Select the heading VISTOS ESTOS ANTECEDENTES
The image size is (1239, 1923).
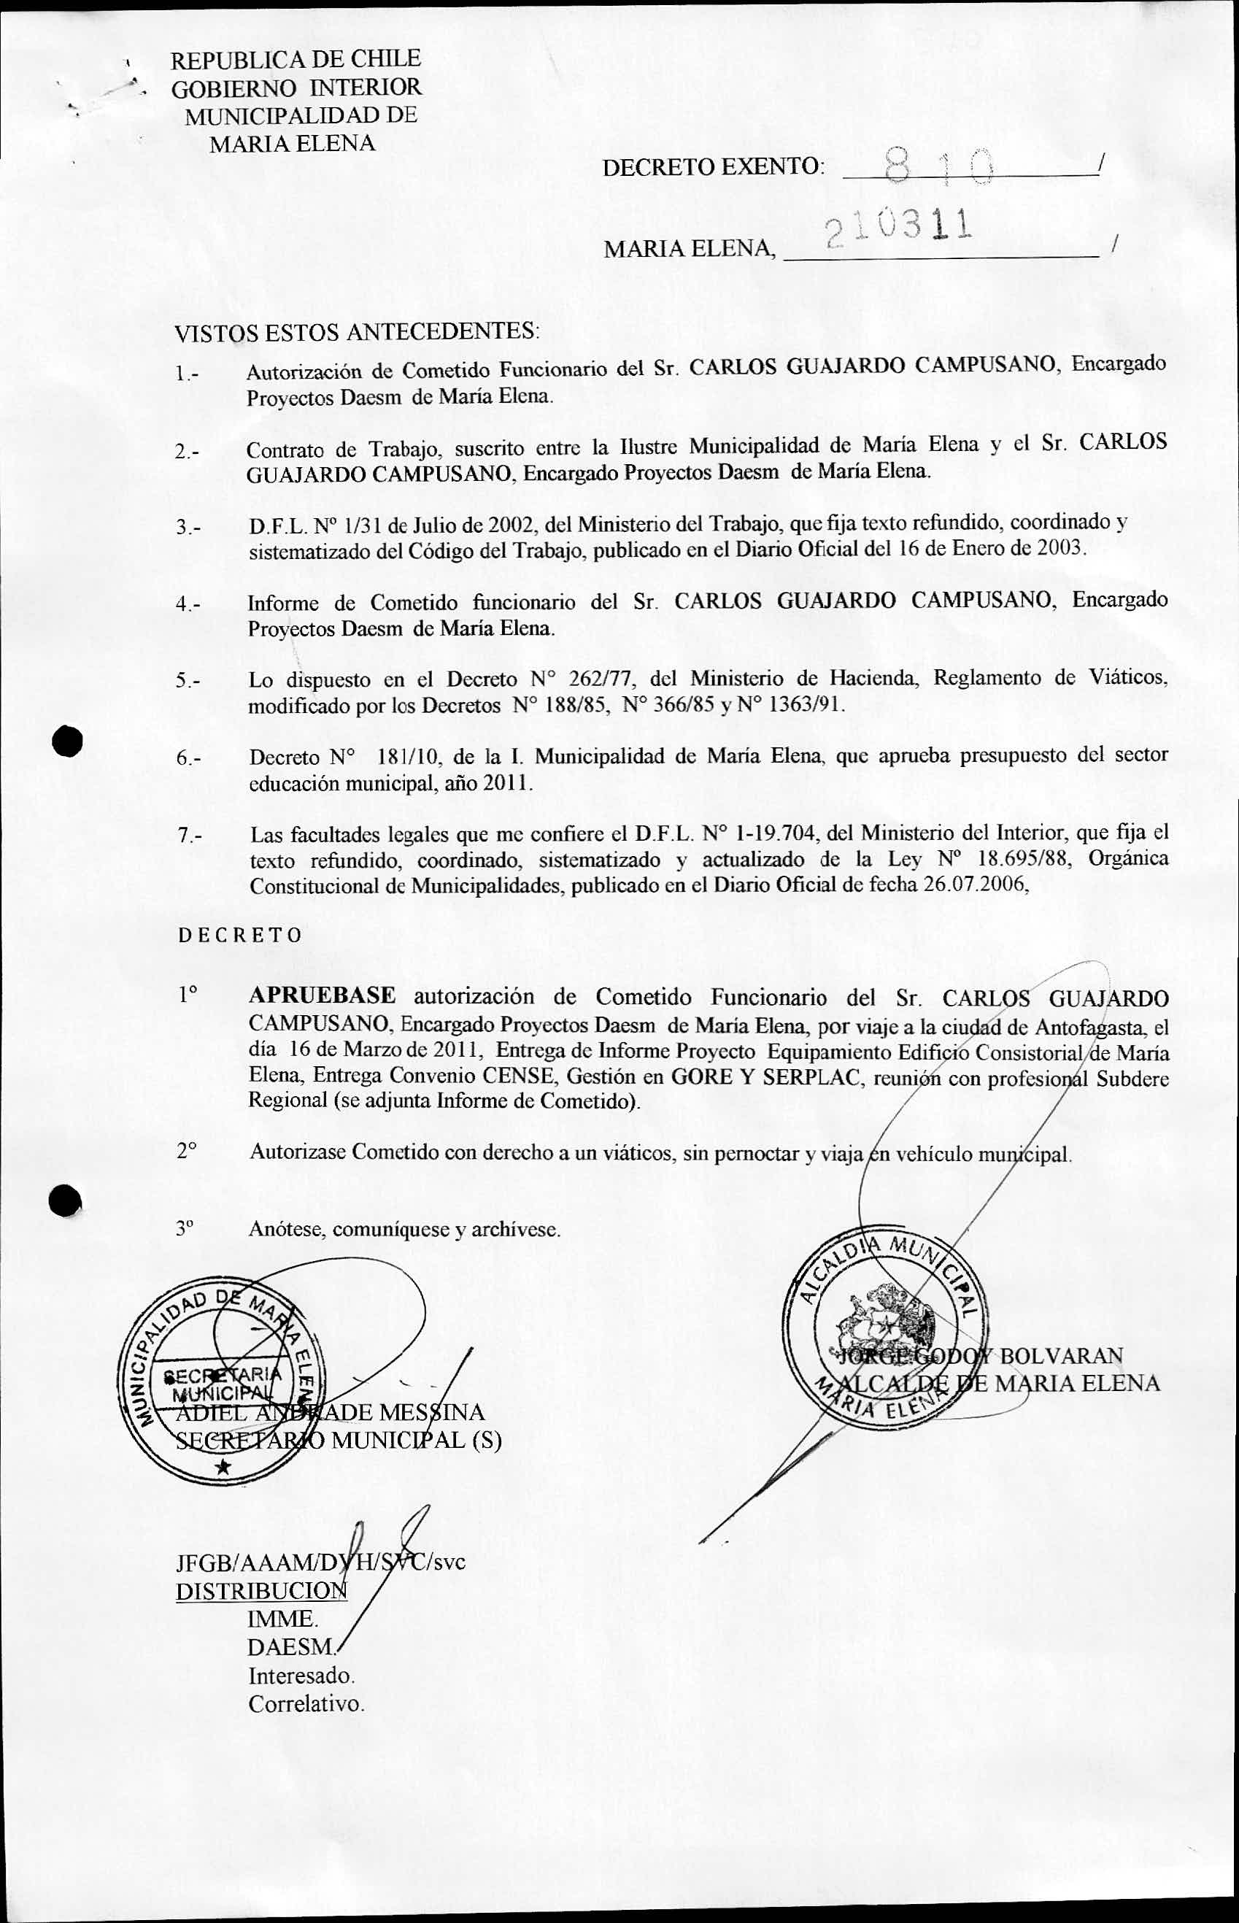[358, 331]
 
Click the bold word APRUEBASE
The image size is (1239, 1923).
[322, 996]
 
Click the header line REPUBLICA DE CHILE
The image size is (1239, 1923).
[296, 58]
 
